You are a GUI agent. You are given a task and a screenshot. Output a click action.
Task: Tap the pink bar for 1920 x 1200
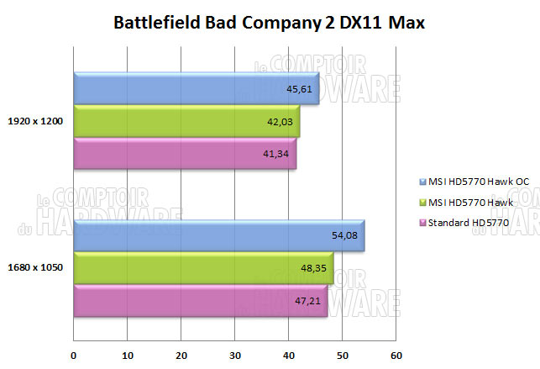[x=184, y=154]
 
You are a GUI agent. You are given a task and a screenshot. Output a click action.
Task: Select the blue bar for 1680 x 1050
[x=218, y=235]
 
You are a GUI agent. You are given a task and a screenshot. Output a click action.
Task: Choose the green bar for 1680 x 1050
[x=202, y=268]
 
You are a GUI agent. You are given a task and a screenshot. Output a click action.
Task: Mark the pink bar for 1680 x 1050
[x=200, y=301]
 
